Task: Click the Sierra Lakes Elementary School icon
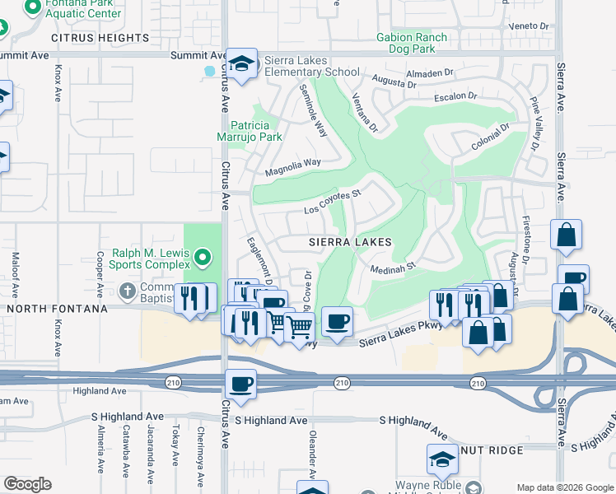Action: tap(241, 63)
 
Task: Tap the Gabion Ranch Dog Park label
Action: tap(412, 43)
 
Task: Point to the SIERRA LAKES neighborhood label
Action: tap(350, 243)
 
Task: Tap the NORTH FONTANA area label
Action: tap(55, 309)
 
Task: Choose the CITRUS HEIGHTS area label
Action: tap(100, 38)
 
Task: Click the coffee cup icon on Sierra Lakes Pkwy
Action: tap(336, 321)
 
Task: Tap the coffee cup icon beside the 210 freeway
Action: tap(240, 384)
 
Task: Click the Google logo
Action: tap(27, 484)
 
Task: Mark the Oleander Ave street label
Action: tap(313, 451)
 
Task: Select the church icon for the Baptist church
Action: tap(127, 291)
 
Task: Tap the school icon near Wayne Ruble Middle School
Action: tap(441, 459)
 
